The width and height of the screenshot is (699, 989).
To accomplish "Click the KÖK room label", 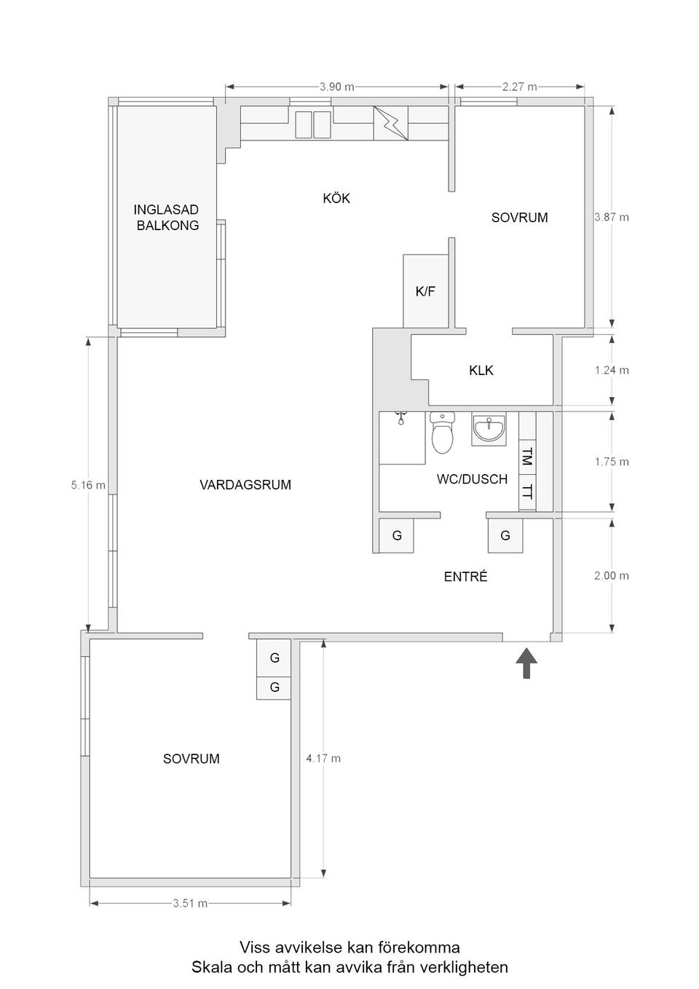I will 336,198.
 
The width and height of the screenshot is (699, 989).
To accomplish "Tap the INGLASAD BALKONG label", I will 167,218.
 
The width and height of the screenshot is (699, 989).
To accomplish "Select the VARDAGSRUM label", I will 245,485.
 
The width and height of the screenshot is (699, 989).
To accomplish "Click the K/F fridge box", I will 425,291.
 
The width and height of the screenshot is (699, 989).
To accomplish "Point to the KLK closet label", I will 481,371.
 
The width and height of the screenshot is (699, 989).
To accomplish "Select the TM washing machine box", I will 527,457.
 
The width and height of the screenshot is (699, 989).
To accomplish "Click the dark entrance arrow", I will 526,663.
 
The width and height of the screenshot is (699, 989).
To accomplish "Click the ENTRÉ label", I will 465,577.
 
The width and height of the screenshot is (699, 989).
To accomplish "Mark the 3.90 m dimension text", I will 336,87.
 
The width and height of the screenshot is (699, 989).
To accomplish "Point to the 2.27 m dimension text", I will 519,87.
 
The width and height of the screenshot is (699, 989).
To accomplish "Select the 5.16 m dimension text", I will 88,485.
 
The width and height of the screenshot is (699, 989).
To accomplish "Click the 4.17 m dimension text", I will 323,758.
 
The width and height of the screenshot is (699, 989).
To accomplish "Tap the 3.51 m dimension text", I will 190,904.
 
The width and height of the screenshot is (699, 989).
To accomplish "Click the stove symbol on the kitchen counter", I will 390,124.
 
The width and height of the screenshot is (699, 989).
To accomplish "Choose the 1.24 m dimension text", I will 612,370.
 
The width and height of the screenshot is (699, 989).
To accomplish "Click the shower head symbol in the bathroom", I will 400,418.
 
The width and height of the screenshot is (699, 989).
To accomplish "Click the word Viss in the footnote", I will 256,947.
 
